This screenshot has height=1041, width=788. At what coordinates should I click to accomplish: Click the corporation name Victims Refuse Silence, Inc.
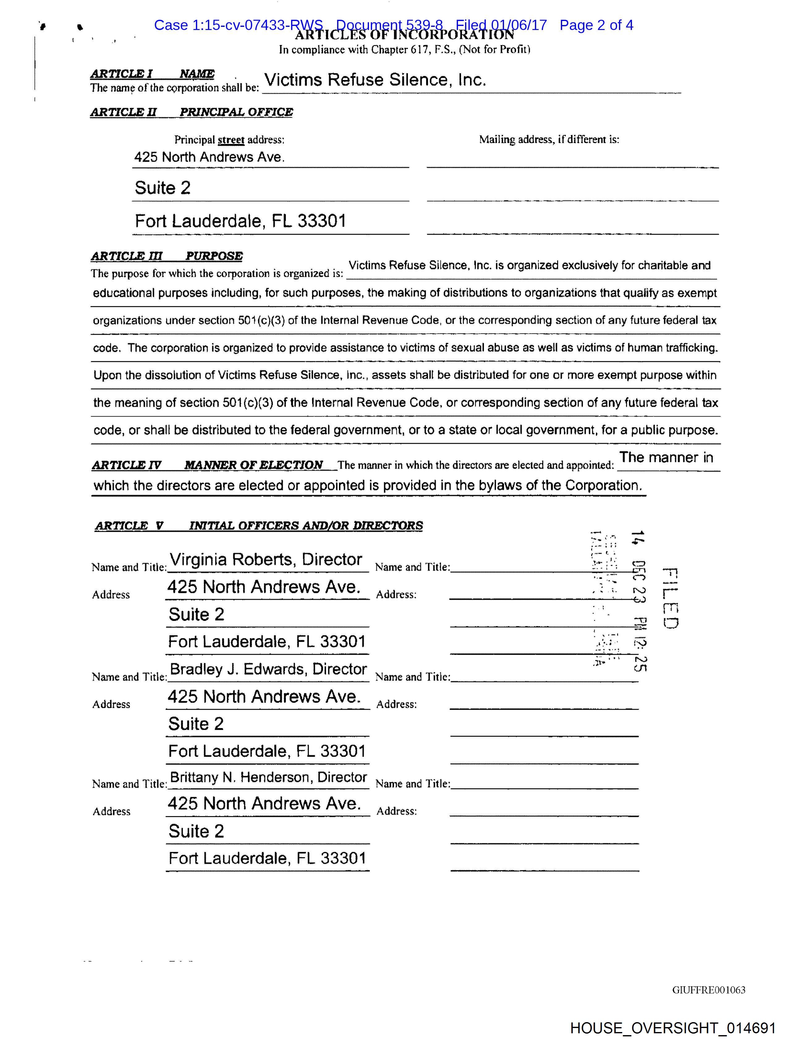click(x=375, y=80)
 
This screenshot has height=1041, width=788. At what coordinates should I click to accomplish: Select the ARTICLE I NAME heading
click(x=152, y=74)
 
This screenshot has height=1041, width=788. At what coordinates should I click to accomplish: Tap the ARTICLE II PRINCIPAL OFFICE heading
click(x=191, y=112)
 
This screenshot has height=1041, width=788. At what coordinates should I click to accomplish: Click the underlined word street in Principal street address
click(x=231, y=140)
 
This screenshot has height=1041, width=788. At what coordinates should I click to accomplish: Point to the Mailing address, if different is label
click(x=549, y=139)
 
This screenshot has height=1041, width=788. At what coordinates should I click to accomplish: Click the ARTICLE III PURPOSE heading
click(x=167, y=256)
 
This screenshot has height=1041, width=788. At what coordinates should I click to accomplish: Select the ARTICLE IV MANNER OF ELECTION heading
click(x=207, y=465)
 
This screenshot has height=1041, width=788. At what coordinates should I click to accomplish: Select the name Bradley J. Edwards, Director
click(x=268, y=669)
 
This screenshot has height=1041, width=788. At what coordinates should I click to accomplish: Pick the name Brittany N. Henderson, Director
click(x=268, y=777)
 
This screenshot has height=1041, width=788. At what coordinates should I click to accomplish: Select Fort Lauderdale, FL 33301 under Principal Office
click(x=240, y=221)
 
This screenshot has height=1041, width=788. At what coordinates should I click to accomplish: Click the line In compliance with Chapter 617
click(x=405, y=49)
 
